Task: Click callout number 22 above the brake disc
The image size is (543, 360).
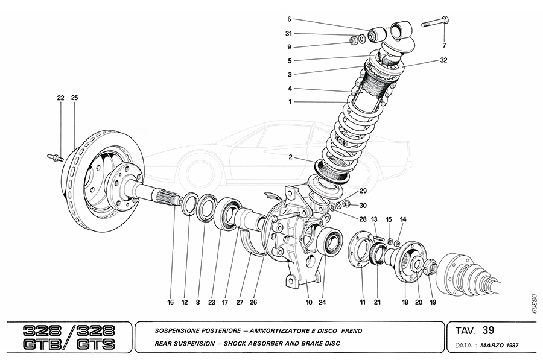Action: tap(60, 98)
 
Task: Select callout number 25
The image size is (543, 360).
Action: tap(74, 98)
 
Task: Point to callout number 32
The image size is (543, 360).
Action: tap(443, 60)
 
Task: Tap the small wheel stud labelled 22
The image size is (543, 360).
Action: tap(53, 158)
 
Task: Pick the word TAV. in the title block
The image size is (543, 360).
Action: tap(465, 330)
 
